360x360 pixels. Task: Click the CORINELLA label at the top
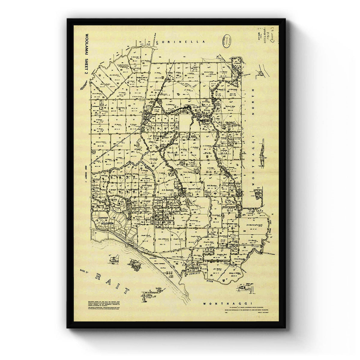coord(182,42)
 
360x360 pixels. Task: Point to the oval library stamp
coord(227,40)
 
